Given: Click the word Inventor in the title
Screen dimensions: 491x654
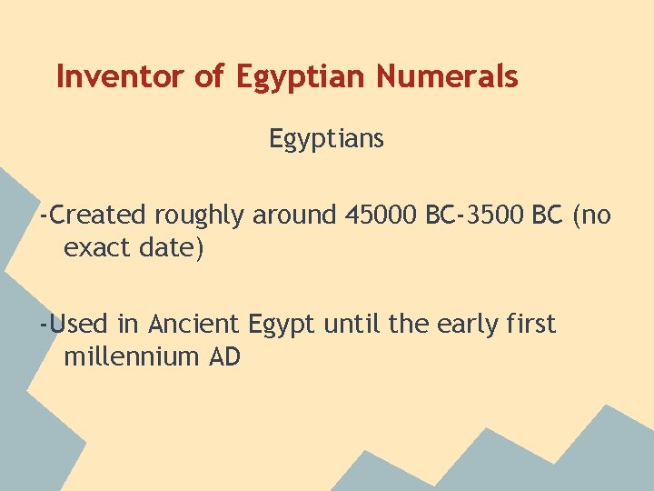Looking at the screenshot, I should [x=121, y=77].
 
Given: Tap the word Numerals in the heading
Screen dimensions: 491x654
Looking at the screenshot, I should [x=447, y=77].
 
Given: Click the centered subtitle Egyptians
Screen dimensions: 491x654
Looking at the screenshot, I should [x=326, y=139].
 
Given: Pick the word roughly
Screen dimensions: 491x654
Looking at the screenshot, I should [x=200, y=216].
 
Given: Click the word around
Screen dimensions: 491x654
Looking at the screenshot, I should [x=294, y=215].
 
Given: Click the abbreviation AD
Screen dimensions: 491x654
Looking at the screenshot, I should [x=225, y=356].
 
